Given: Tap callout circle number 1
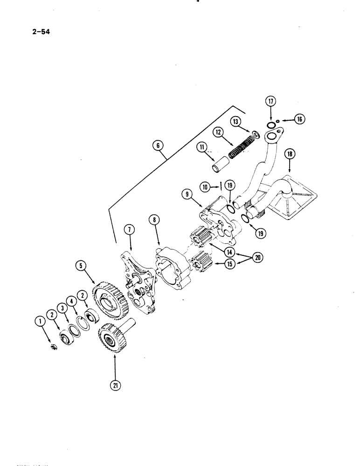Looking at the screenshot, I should coord(40,321).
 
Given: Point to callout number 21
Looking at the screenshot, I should coord(115,384).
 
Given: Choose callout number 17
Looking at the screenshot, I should coord(271,101).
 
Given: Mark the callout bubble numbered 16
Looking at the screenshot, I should coord(299,120).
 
